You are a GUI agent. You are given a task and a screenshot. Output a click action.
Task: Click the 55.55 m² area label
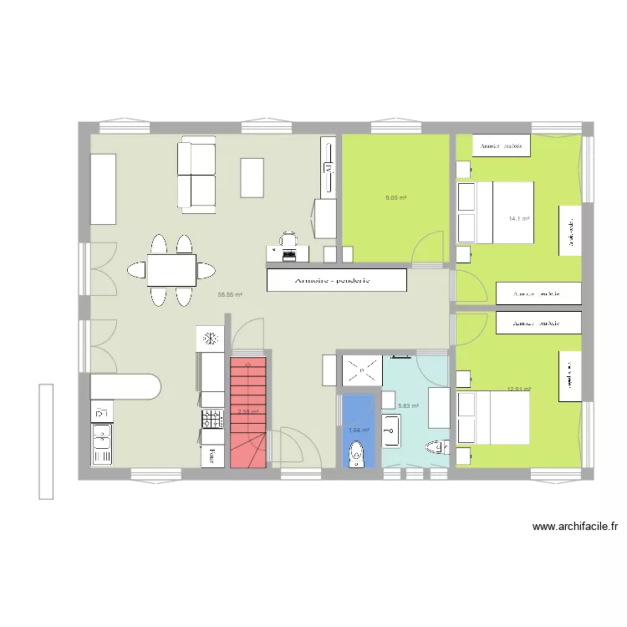pos(230,294)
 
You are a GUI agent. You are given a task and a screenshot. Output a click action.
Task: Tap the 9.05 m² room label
pos(395,198)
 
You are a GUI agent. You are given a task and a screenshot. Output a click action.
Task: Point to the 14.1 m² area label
pos(519,219)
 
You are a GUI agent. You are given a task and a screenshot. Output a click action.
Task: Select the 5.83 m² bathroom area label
pos(408,406)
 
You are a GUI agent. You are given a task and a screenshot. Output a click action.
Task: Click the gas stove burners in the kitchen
pos(212,418)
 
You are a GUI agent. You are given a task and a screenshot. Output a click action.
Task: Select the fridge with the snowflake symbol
pos(211,339)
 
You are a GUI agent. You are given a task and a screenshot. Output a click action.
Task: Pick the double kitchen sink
pos(102,443)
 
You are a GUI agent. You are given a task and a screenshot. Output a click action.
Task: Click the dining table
pos(171,270)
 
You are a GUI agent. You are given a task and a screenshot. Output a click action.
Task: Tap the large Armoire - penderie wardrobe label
pos(337,280)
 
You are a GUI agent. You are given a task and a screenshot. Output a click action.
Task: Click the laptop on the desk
pos(288,241)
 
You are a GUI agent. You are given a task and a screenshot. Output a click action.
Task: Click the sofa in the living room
pos(196,176)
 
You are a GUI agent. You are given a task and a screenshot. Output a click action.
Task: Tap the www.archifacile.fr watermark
pos(574,527)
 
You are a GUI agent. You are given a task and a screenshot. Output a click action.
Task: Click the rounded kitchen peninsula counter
pos(125,387)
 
